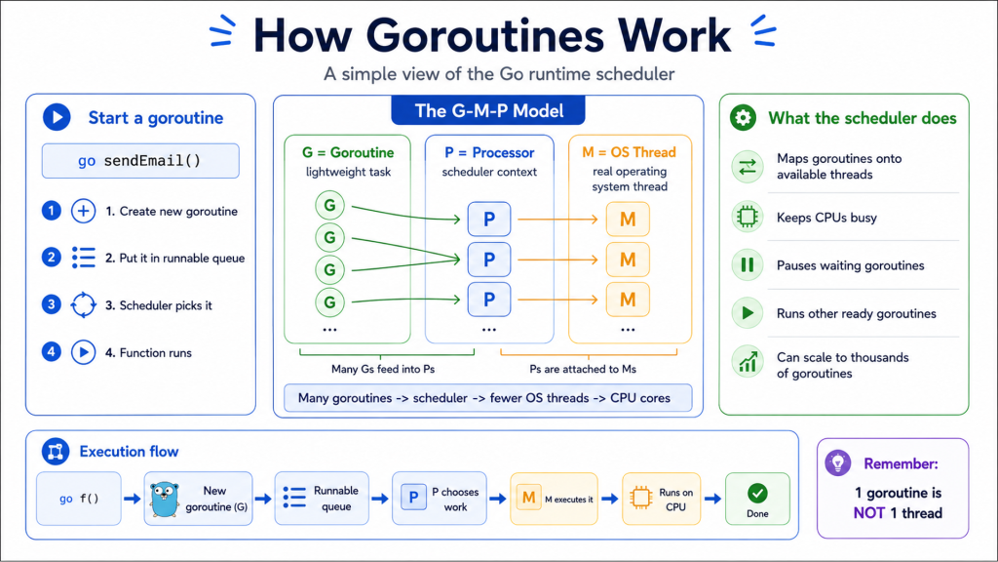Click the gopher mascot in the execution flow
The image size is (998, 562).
pyautogui.click(x=165, y=499)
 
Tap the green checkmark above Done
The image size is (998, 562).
pyautogui.click(x=757, y=493)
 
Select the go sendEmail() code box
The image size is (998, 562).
pyautogui.click(x=140, y=161)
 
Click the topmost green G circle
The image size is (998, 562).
pyautogui.click(x=329, y=205)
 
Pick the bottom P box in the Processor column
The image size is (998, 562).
pyautogui.click(x=489, y=300)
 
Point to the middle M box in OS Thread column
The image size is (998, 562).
pyautogui.click(x=628, y=260)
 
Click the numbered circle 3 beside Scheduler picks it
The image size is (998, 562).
pyautogui.click(x=52, y=304)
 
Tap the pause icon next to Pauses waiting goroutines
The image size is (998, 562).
pyautogui.click(x=748, y=265)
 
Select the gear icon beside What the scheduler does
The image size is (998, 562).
pyautogui.click(x=743, y=118)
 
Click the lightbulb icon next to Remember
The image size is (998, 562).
pyautogui.click(x=837, y=462)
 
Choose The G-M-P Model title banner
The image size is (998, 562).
pyautogui.click(x=488, y=111)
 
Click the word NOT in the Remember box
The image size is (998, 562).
pyautogui.click(x=868, y=513)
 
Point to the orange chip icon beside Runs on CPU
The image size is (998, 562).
pyautogui.click(x=641, y=498)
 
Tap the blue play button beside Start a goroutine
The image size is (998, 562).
pyautogui.click(x=57, y=117)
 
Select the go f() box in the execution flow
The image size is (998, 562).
pyautogui.click(x=79, y=499)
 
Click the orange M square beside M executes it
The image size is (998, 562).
pyautogui.click(x=528, y=498)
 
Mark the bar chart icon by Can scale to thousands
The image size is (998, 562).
pyautogui.click(x=748, y=361)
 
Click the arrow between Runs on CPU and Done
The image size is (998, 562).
pyautogui.click(x=712, y=499)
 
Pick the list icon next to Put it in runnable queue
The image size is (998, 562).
pyautogui.click(x=84, y=258)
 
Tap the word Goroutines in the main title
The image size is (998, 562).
pyautogui.click(x=484, y=36)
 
